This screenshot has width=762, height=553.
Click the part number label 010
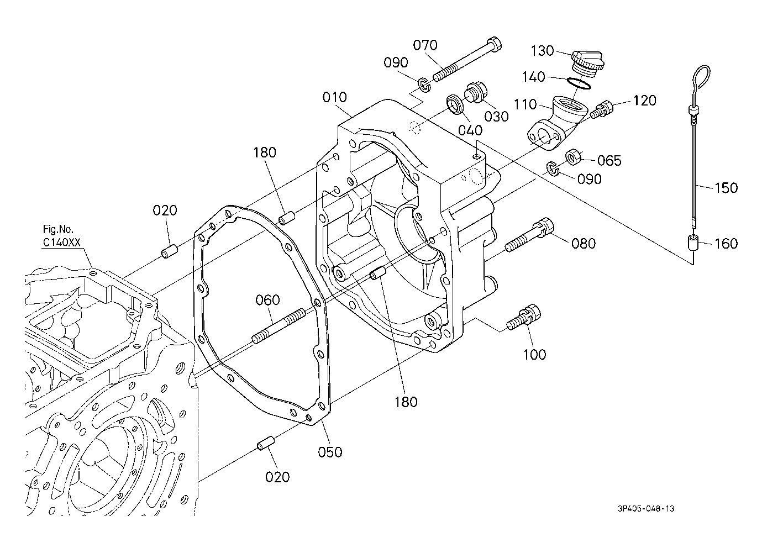click(334, 98)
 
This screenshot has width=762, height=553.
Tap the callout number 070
click(425, 45)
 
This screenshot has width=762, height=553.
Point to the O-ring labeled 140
click(579, 83)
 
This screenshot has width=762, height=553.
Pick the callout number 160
click(726, 244)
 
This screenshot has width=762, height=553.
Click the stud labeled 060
click(278, 325)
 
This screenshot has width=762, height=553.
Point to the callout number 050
click(330, 452)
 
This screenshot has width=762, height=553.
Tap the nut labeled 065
click(574, 157)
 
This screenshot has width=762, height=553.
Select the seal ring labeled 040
click(455, 104)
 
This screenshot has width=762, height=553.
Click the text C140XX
click(61, 243)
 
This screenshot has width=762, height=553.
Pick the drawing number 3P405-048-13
click(646, 508)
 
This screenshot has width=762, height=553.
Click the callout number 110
click(525, 105)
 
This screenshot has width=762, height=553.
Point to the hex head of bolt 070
click(495, 45)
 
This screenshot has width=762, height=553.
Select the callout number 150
click(726, 188)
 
